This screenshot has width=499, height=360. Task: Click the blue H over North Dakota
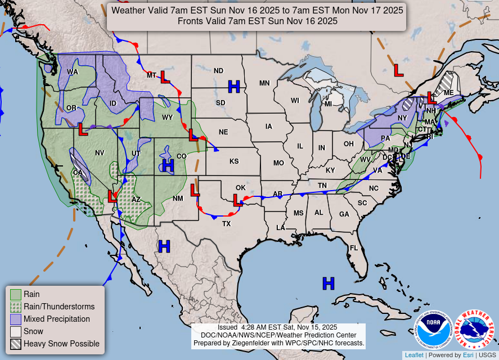[x=234, y=87]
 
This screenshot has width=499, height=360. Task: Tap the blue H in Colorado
[x=168, y=165]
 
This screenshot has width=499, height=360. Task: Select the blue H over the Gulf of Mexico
[x=328, y=283]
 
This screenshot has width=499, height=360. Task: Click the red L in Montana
[x=165, y=77]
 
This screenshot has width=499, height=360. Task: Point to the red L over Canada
[x=398, y=70]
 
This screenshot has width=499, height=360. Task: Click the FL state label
[x=354, y=248]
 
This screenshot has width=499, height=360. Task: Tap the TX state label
[x=226, y=223]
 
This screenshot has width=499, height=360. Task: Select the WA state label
[x=73, y=72]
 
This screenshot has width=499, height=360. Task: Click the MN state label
[x=264, y=83]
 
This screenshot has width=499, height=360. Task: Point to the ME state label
[x=448, y=93]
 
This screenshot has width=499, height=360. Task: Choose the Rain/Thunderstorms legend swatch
[x=16, y=307]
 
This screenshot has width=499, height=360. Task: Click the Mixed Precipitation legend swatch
[x=16, y=319]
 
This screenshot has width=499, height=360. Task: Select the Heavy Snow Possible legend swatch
[x=16, y=344]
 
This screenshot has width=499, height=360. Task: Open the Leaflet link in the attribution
[x=414, y=355]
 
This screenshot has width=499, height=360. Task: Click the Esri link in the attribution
[x=468, y=355]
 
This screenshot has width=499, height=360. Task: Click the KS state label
[x=234, y=161]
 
